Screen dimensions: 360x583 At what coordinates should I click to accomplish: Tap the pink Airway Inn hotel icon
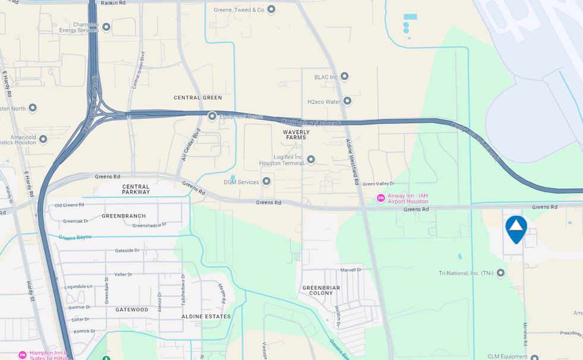[381, 198]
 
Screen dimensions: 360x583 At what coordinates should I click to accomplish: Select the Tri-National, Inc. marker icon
[500, 273]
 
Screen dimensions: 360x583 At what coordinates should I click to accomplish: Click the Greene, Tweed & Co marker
[271, 10]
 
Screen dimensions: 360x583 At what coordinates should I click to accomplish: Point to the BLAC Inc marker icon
[344, 77]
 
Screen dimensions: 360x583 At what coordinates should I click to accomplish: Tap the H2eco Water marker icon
[347, 101]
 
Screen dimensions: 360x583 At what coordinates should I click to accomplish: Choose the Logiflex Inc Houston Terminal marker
[310, 159]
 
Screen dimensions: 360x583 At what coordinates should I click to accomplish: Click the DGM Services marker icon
[266, 181]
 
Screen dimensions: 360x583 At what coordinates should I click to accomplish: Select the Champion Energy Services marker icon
[106, 27]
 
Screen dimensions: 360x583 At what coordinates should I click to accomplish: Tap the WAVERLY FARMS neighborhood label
[296, 134]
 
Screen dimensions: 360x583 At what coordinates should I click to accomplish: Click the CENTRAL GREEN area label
[198, 97]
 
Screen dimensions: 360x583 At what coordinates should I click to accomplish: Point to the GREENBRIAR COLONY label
[322, 290]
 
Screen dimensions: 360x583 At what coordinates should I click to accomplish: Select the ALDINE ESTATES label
[206, 317]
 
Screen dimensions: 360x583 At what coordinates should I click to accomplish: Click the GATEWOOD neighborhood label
[132, 310]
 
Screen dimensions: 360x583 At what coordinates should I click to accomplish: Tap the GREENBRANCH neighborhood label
[124, 216]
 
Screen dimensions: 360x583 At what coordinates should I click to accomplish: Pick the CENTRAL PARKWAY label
[136, 189]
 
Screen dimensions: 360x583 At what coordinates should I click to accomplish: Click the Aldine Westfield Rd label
[353, 162]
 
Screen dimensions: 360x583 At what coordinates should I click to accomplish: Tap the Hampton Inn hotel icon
[23, 355]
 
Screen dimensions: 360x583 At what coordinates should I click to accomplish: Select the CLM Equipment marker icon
[534, 358]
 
